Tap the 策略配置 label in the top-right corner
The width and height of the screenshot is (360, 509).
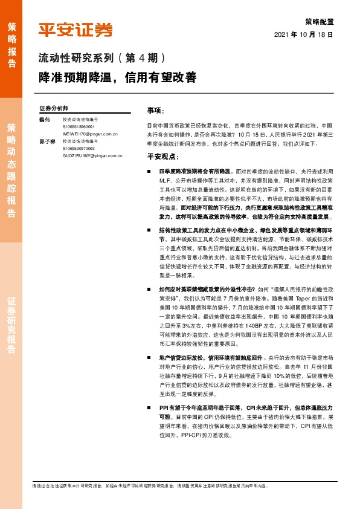[320, 21]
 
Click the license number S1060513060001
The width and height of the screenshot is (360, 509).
[79, 127]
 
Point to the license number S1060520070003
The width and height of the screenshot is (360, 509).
[79, 148]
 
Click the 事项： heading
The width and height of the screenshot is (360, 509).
[156, 111]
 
